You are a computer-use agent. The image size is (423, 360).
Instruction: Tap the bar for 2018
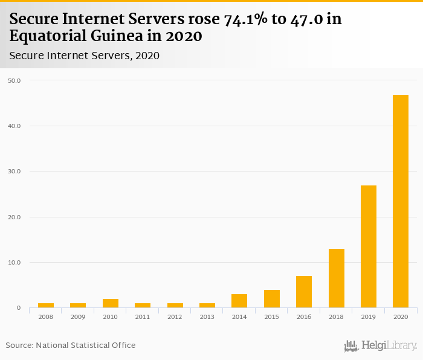(336, 278)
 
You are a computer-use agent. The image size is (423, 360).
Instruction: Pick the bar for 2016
(304, 292)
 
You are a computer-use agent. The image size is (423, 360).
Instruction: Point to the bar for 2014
(239, 301)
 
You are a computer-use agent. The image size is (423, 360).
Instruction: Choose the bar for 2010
(111, 303)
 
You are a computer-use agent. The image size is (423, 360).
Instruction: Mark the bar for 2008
(46, 305)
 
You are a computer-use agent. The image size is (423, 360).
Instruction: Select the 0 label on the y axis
(18, 308)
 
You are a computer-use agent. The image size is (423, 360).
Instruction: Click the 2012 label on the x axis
(175, 317)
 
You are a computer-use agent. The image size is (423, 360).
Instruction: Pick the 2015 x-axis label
(271, 317)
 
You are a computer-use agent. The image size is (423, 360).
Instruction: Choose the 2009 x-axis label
(78, 317)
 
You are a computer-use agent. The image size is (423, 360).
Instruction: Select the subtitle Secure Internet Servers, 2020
(85, 56)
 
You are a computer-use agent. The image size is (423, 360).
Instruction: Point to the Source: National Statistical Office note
(71, 345)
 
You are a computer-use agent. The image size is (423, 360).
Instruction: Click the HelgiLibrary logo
(381, 346)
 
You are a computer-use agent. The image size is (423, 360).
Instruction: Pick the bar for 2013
(207, 305)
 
